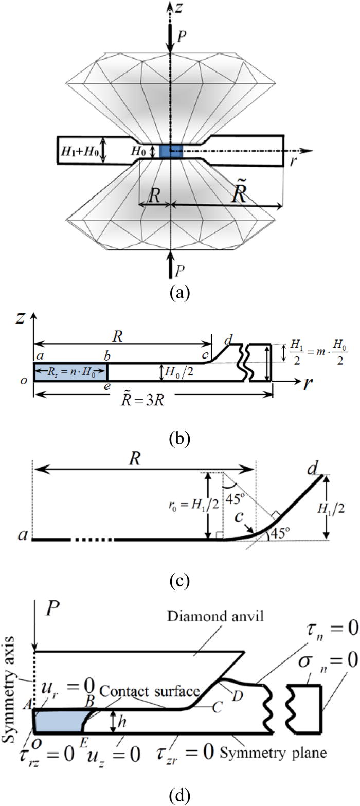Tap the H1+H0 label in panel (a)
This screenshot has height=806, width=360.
[80, 150]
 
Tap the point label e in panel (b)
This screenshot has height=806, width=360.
[106, 386]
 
